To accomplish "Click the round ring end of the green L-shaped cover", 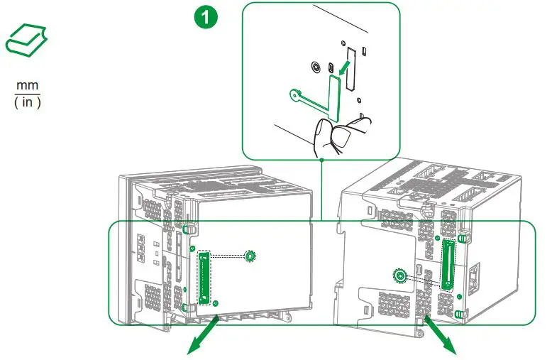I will [294, 93].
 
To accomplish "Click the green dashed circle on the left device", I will [249, 256].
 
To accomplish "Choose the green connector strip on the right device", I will [448, 263].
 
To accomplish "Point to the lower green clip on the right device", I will [459, 313].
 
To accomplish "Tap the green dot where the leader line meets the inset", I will [321, 159].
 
